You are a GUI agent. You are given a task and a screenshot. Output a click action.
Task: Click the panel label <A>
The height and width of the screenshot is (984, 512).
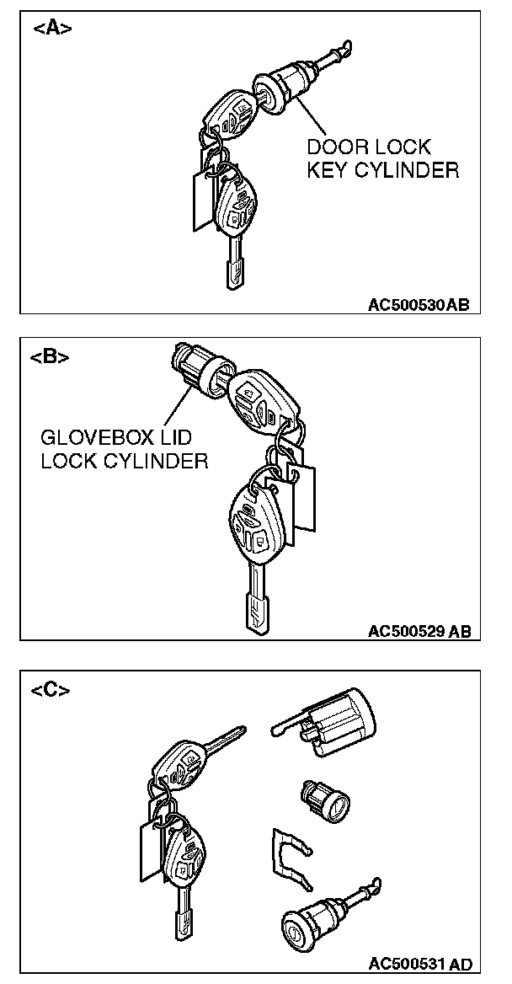click(x=51, y=29)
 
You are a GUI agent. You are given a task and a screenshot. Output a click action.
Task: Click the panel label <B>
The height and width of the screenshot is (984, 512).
click(x=50, y=356)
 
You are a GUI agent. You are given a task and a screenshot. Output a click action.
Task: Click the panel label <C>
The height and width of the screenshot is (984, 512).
click(x=51, y=690)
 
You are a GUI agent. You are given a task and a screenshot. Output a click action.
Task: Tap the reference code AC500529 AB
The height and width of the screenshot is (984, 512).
click(x=419, y=630)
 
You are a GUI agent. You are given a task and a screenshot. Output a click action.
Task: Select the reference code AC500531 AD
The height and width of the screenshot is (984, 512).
click(x=419, y=963)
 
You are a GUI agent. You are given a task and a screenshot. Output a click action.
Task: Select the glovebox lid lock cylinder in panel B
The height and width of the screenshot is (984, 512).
click(x=195, y=366)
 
